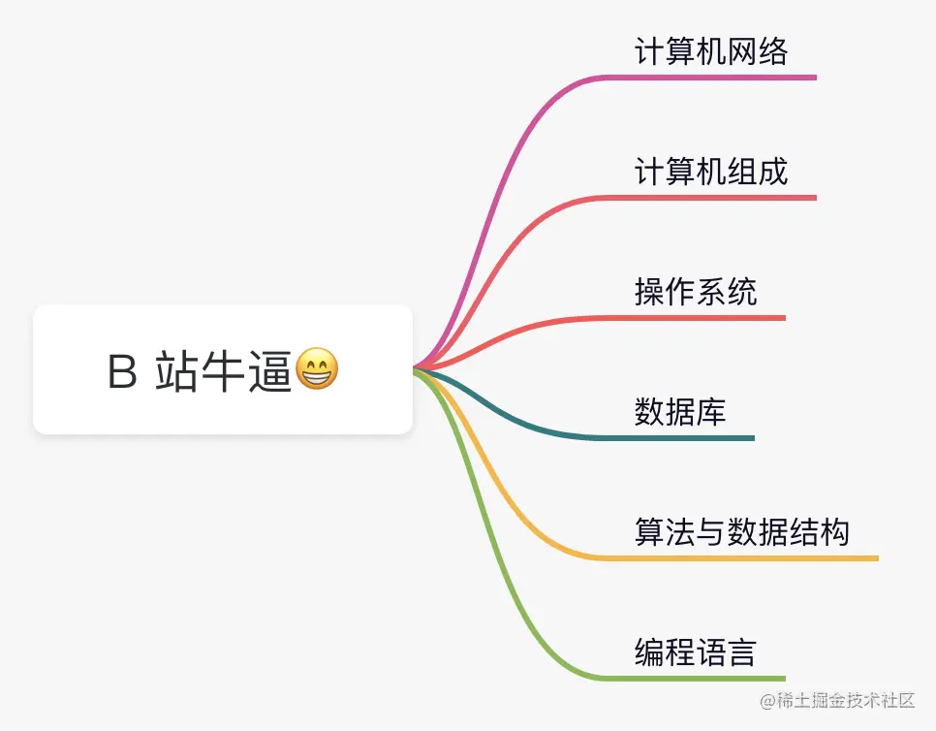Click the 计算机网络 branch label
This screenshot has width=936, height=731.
(x=711, y=51)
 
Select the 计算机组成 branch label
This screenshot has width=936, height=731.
(x=711, y=172)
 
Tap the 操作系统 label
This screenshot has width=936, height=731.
(x=696, y=292)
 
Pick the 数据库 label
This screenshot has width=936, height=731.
(x=680, y=412)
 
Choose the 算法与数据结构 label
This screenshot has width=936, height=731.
(x=742, y=532)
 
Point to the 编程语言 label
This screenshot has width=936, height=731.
(x=696, y=652)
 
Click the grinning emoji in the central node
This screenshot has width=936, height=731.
(x=317, y=370)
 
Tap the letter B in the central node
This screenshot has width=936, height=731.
(x=122, y=372)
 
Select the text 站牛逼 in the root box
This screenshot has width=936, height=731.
(x=224, y=371)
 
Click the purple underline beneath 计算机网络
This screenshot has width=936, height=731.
(x=717, y=77)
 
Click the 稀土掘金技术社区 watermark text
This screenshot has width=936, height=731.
(x=849, y=700)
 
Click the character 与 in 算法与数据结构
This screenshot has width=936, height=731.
(x=711, y=532)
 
